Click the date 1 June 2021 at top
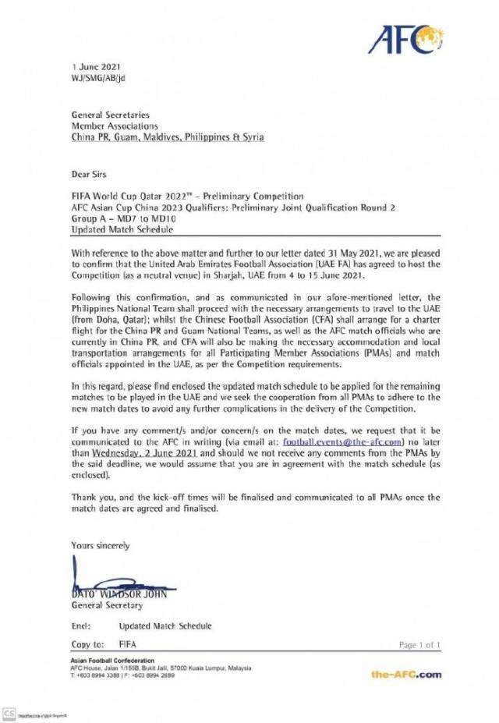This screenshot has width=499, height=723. point(90,69)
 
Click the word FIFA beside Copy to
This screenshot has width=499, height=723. point(128,645)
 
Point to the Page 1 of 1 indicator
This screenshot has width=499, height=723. point(419,645)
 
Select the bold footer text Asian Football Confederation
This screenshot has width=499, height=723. point(112,661)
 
